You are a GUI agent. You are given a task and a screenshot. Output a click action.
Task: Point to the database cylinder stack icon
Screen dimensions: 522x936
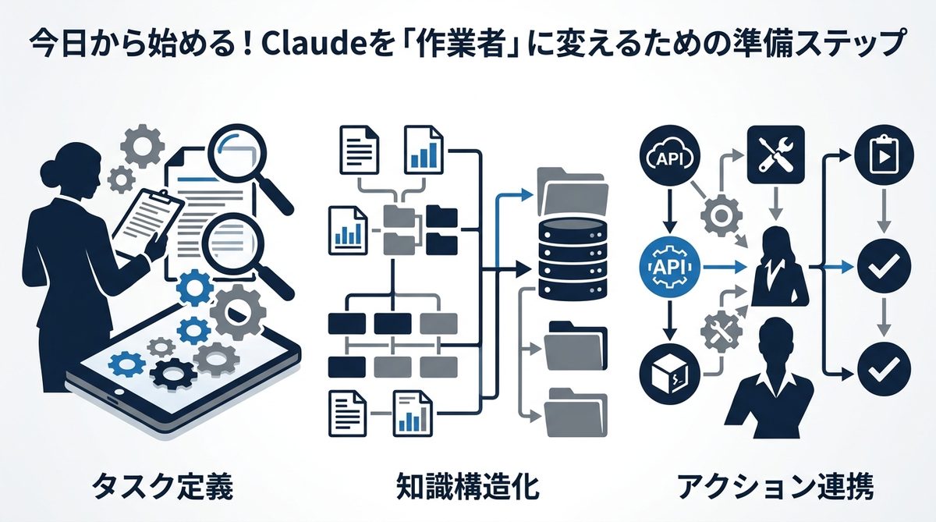click(x=574, y=257)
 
